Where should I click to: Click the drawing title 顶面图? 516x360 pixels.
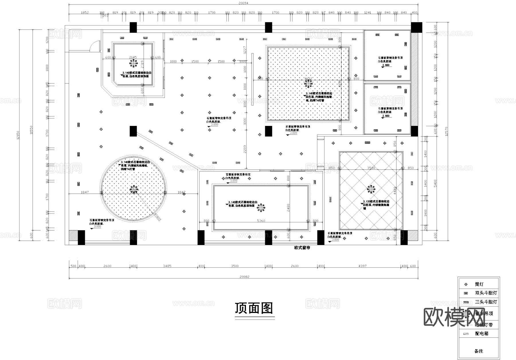coord(254,308)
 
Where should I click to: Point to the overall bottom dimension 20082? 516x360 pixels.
coord(244,277)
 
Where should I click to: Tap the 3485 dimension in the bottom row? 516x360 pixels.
coord(167,266)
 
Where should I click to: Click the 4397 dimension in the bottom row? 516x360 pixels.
coord(362,266)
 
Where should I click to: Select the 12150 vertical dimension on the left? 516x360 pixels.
coord(18,135)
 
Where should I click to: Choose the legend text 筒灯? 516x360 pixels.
coord(479,284)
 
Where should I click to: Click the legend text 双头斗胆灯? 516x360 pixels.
coord(486,293)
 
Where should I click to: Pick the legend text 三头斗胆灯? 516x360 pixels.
coord(486,302)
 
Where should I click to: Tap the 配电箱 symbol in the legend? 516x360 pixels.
coord(466,334)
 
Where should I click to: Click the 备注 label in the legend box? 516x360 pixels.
coord(478,351)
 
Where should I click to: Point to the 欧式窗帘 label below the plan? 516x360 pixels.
coord(302,248)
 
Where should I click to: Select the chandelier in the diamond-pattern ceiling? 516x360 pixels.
coord(371,189)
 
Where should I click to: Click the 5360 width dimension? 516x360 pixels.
coord(261,221)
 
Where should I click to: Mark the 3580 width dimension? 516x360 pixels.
coord(371,168)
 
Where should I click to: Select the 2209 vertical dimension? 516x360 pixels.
coord(245,149)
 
